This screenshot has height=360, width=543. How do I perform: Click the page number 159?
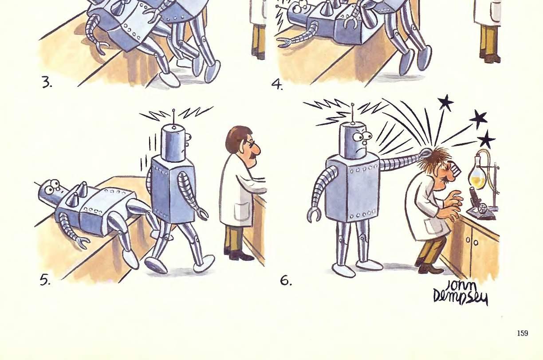pos(523,333)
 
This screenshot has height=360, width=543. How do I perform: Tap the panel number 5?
pos(45,281)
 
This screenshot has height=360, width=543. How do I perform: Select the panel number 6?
pos(286,281)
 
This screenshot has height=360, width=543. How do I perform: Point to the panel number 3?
pos(47,83)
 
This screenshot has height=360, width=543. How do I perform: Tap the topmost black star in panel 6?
pos(446,102)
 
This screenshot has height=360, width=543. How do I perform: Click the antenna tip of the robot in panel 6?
pos(353,105)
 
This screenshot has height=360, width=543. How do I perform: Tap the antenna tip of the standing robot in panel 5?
pos(173,111)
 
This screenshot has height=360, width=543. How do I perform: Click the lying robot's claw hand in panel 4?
pos(285,43)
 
